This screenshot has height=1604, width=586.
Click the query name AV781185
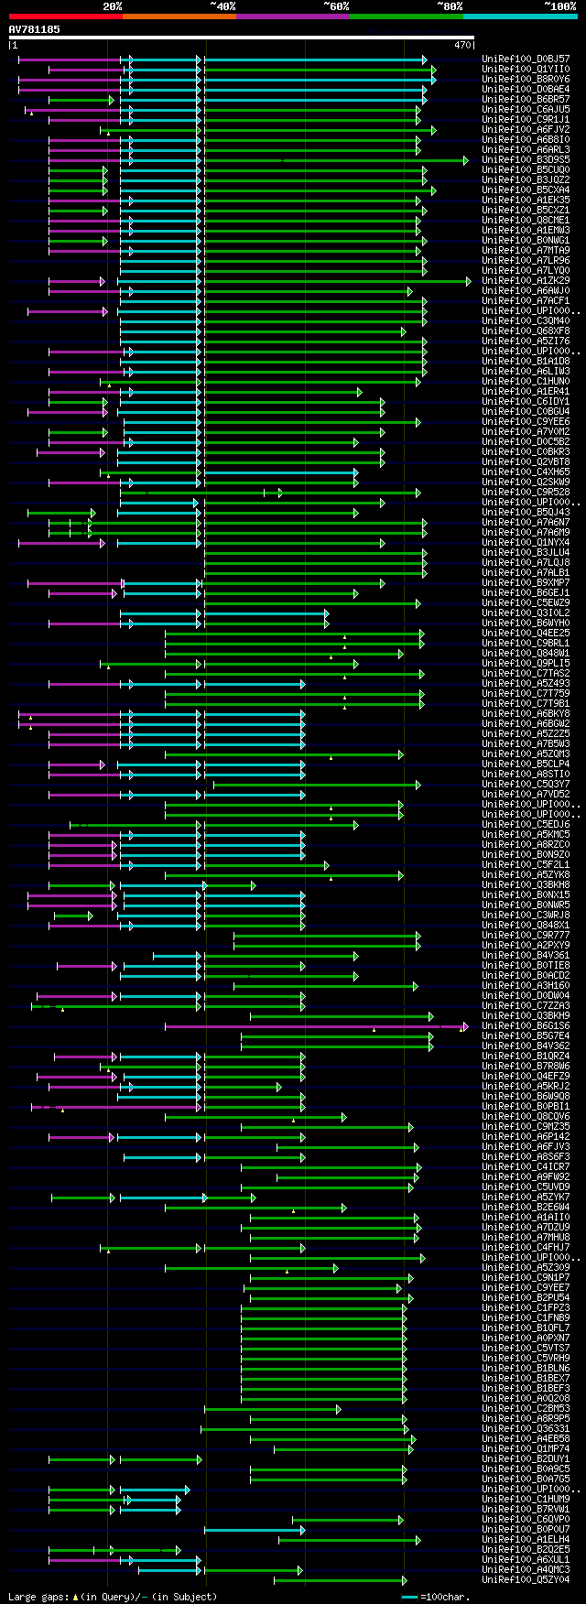tap(34, 29)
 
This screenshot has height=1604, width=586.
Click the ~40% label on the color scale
tap(222, 5)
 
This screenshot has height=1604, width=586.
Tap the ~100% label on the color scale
tap(559, 5)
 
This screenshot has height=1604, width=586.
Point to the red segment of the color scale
tap(65, 16)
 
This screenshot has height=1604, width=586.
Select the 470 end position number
tap(461, 45)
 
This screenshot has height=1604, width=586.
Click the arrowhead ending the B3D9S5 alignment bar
tap(466, 160)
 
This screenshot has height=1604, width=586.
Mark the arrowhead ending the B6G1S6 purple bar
tap(465, 1026)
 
